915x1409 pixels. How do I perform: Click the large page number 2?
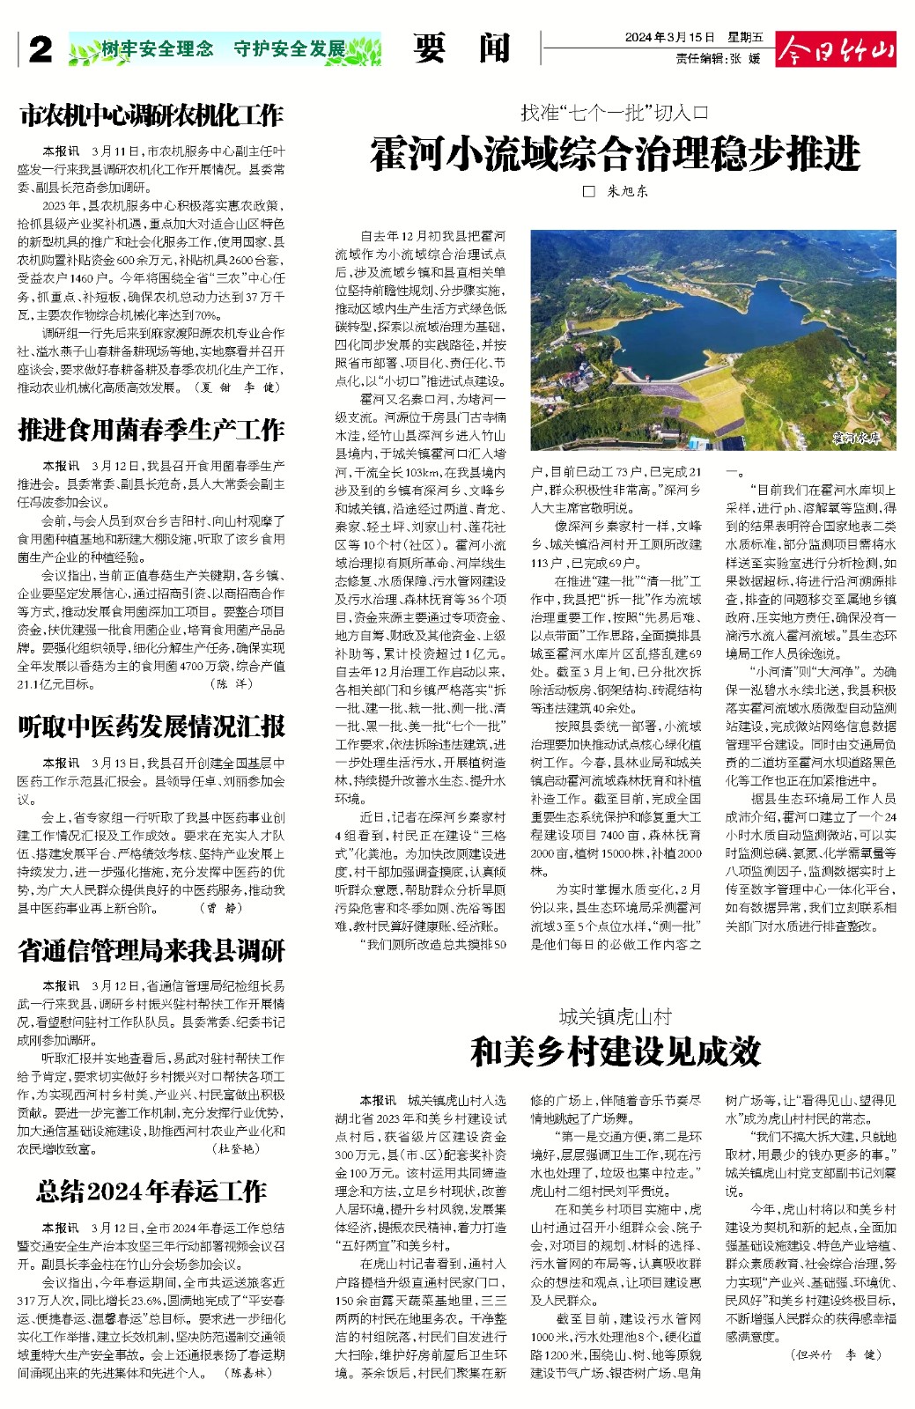point(41,50)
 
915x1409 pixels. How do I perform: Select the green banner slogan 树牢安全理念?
point(157,49)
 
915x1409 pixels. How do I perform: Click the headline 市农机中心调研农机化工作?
point(151,115)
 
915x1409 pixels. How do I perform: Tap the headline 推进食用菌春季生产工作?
point(151,430)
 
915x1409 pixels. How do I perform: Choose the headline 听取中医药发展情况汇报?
point(151,726)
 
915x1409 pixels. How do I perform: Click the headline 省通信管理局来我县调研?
point(151,951)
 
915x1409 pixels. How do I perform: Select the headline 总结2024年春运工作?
point(151,1191)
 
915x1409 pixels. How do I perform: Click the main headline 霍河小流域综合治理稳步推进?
point(615,154)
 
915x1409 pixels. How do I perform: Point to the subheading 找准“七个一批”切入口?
point(615,113)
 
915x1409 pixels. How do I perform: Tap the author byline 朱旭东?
point(627,191)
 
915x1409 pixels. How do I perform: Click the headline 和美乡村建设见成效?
point(615,1051)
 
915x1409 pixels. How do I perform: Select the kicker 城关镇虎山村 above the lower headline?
point(615,1017)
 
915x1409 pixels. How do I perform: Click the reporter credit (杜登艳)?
point(237,1149)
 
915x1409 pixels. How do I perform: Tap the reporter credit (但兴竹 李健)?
point(836,1355)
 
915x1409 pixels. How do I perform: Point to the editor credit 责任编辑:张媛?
point(718,58)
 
